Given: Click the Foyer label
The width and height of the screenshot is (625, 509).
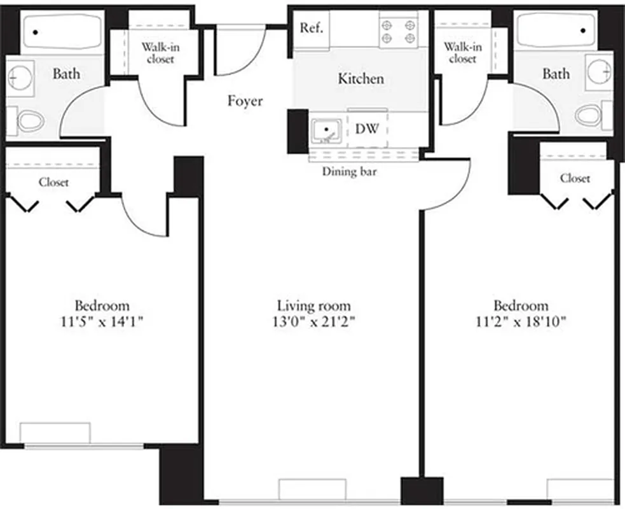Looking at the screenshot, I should pos(245,101).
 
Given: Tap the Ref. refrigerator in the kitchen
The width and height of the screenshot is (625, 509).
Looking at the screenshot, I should pos(312,29).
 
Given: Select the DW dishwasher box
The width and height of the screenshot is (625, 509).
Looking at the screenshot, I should pos(367,129).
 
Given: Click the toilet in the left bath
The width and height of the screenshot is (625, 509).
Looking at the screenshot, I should pos(29,120).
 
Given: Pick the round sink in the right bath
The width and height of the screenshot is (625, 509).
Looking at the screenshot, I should pos(600,71).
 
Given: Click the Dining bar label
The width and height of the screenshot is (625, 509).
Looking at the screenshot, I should pos(348,171).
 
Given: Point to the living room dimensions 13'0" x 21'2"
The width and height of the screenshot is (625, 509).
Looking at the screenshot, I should pos(314,321).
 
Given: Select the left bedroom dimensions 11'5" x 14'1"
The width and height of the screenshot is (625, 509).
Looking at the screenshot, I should pos(102,321).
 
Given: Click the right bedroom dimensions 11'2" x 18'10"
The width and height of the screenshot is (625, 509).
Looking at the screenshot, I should pos(521,321).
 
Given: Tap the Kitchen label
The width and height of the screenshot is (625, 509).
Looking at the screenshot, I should pos(361,79).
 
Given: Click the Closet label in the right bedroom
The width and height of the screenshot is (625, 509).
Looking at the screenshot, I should pos(575,179).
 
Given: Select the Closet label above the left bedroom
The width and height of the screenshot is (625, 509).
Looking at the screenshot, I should pos(53,182).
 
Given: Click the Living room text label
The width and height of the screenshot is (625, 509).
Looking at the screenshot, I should pos(314,306).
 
